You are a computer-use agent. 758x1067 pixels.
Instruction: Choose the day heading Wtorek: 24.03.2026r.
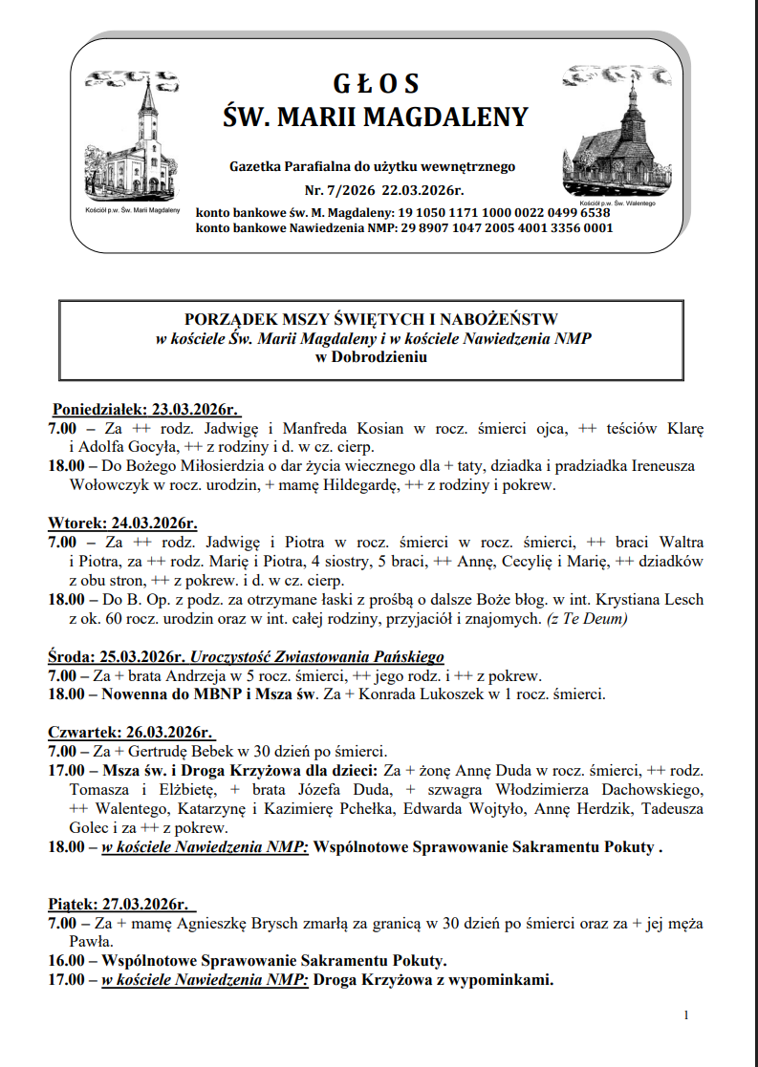coord(122,523)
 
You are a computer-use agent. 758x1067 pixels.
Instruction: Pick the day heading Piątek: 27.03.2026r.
coord(119,904)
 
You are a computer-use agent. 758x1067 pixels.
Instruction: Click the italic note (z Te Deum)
coord(587,618)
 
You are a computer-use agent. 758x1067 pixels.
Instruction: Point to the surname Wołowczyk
coord(113,484)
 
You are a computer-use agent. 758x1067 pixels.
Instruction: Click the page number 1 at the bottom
coord(686,1014)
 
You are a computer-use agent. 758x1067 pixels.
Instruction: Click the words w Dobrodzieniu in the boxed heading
coord(372,357)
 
